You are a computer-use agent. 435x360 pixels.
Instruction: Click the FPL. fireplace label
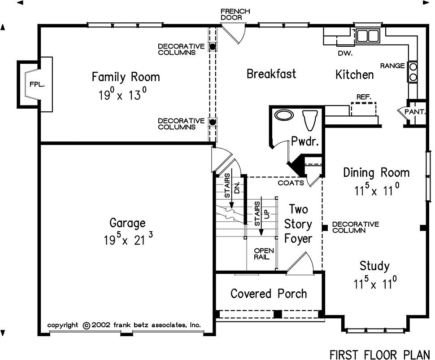[37, 84]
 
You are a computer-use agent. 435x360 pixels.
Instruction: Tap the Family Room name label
[126, 77]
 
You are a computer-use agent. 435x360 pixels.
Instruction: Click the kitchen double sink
[368, 36]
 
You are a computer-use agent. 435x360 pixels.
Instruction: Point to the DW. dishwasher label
[345, 53]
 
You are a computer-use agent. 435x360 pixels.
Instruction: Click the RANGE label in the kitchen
[392, 66]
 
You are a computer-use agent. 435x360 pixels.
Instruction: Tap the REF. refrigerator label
[364, 97]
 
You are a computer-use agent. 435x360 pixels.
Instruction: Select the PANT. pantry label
[415, 112]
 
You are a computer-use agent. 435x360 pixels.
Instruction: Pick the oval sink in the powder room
[284, 115]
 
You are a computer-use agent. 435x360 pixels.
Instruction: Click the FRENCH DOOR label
[235, 14]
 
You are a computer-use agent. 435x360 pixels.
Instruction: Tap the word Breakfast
[271, 74]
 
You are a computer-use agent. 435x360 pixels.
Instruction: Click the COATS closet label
[291, 183]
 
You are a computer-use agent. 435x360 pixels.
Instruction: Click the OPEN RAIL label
[264, 254]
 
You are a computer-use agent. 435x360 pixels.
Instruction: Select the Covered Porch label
[269, 294]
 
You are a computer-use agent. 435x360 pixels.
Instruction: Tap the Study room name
[374, 266]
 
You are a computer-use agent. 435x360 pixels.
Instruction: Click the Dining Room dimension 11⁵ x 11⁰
[377, 190]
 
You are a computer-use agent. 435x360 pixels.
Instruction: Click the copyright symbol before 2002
[87, 325]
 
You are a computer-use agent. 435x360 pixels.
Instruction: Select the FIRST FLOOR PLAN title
[379, 355]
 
